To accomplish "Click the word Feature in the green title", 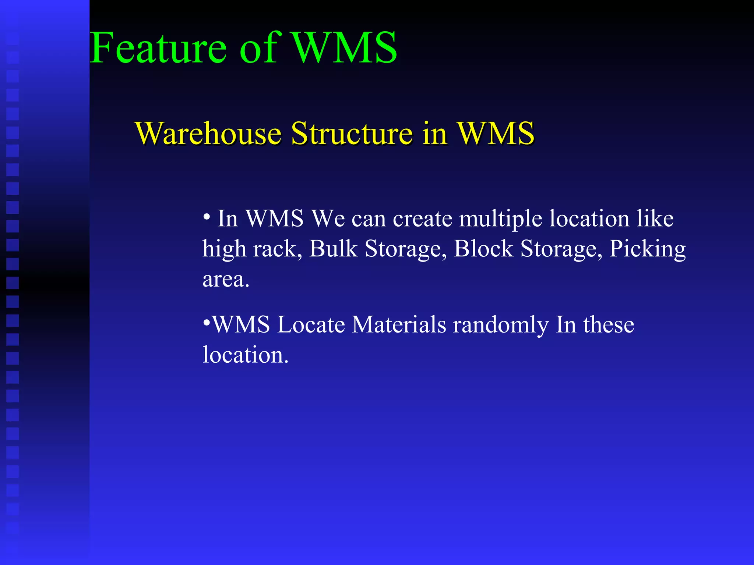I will pyautogui.click(x=158, y=48).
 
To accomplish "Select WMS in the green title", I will pyautogui.click(x=345, y=48).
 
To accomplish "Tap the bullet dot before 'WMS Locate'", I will pyautogui.click(x=207, y=323).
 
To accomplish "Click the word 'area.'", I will pyautogui.click(x=226, y=280).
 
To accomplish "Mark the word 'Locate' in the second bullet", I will pyautogui.click(x=311, y=325).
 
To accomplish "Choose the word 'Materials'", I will pyautogui.click(x=399, y=325).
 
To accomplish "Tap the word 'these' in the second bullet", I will pyautogui.click(x=609, y=325).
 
